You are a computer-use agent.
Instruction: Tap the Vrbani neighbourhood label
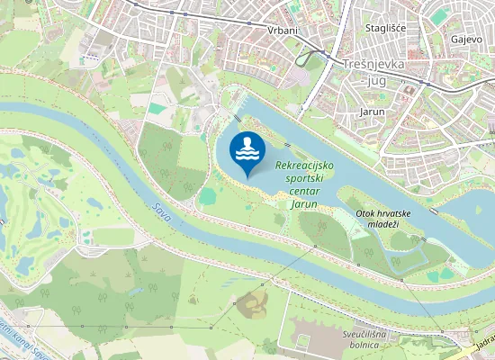click(x=283, y=30)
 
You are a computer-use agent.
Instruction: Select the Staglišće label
click(x=386, y=28)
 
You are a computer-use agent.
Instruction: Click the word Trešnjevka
click(x=374, y=65)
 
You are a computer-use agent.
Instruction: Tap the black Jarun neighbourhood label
click(x=372, y=112)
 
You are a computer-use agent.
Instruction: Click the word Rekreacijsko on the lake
click(x=304, y=166)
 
